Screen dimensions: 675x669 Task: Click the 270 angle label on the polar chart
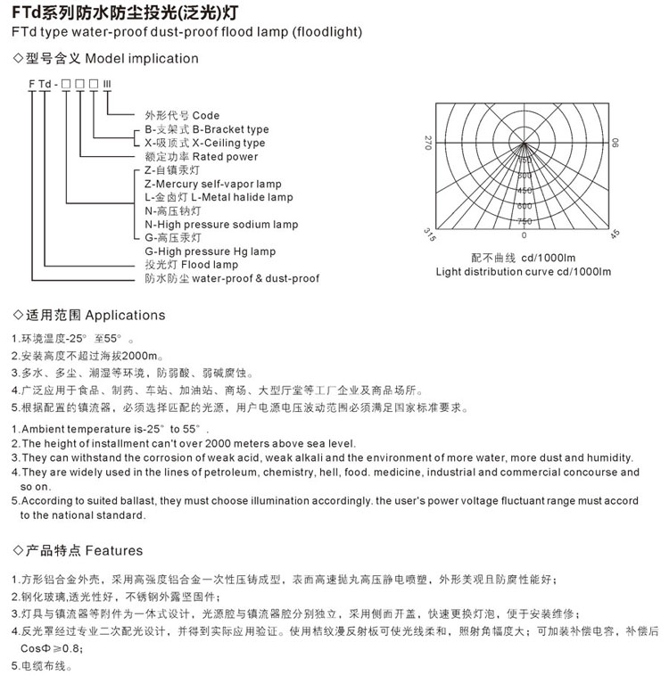tap(428, 143)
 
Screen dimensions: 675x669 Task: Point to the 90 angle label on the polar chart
tap(615, 143)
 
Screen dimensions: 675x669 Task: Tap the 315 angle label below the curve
tap(429, 235)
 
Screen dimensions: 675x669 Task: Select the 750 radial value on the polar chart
tap(524, 220)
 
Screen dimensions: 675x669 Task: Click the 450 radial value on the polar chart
tap(524, 190)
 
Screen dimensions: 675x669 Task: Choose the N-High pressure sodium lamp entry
tap(221, 225)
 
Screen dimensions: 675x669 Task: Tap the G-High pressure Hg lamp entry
tap(211, 251)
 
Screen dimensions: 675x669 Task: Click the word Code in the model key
tap(205, 116)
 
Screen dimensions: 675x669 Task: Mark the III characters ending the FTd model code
tap(108, 84)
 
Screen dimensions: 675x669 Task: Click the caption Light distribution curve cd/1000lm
tap(523, 271)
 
